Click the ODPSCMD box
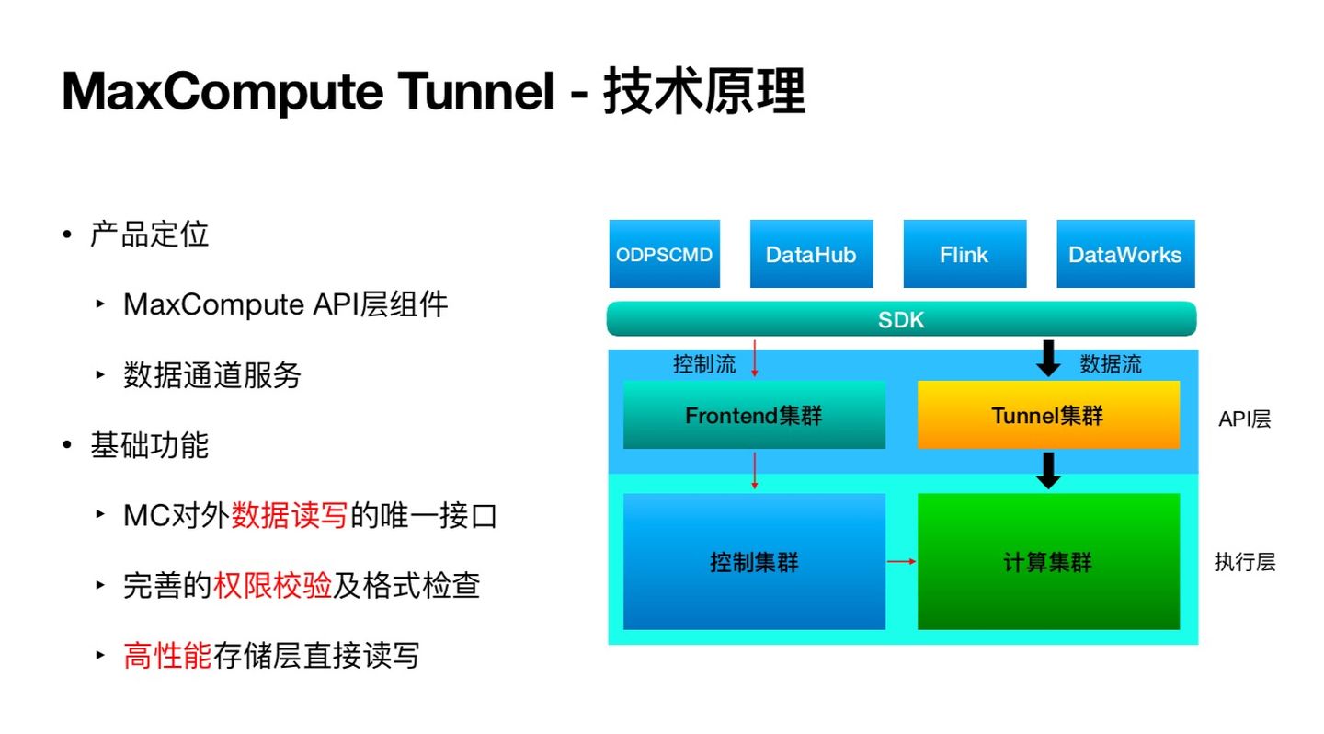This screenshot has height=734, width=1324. (x=664, y=254)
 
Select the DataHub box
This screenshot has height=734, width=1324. (x=810, y=254)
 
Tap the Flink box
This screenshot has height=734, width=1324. (x=964, y=254)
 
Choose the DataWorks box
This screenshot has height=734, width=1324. (x=1124, y=254)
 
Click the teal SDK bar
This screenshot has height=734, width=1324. (x=901, y=319)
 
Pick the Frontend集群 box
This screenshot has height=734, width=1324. (x=754, y=415)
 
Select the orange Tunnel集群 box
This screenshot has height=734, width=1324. (x=1048, y=415)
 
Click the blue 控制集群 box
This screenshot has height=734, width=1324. (x=754, y=561)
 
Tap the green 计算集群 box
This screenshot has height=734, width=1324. (x=1048, y=561)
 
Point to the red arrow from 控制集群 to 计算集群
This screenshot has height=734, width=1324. (x=901, y=561)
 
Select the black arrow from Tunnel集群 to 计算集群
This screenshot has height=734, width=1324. (x=1048, y=470)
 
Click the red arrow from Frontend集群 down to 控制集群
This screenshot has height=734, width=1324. (x=755, y=470)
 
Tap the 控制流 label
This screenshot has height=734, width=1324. (x=704, y=364)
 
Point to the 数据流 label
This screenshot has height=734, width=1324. (x=1110, y=364)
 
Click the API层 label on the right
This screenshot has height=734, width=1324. (x=1244, y=419)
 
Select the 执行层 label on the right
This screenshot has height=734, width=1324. (x=1244, y=562)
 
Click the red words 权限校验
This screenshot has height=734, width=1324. (x=272, y=586)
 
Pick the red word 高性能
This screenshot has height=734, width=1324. (x=167, y=656)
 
